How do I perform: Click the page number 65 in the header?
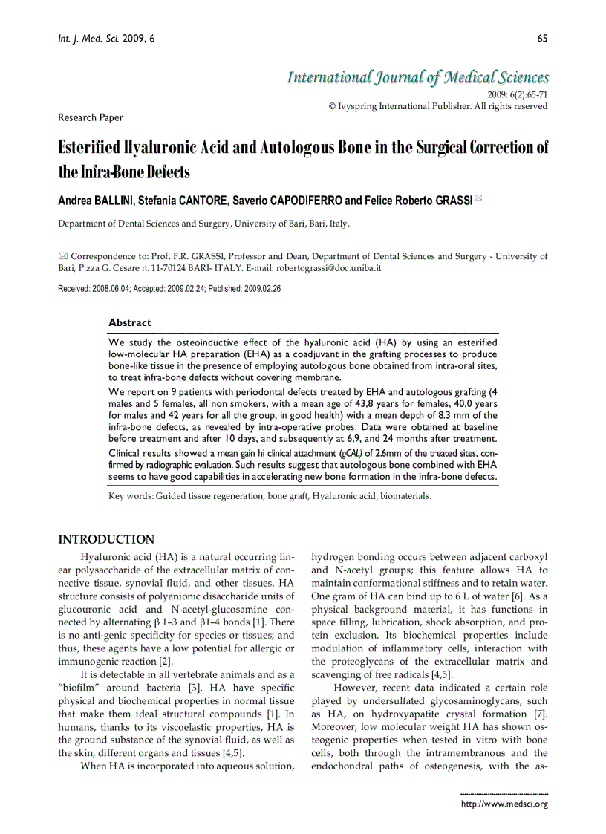[x=542, y=39]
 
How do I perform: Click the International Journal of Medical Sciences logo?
[x=418, y=77]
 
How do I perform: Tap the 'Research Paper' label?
[x=91, y=117]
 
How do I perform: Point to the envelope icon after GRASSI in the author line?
[x=478, y=198]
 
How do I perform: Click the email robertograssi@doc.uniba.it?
[x=328, y=267]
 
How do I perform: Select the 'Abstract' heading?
[x=129, y=322]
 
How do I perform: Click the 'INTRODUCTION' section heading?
[x=106, y=539]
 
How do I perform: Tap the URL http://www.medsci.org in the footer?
[x=504, y=804]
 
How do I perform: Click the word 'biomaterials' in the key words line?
[x=405, y=495]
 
